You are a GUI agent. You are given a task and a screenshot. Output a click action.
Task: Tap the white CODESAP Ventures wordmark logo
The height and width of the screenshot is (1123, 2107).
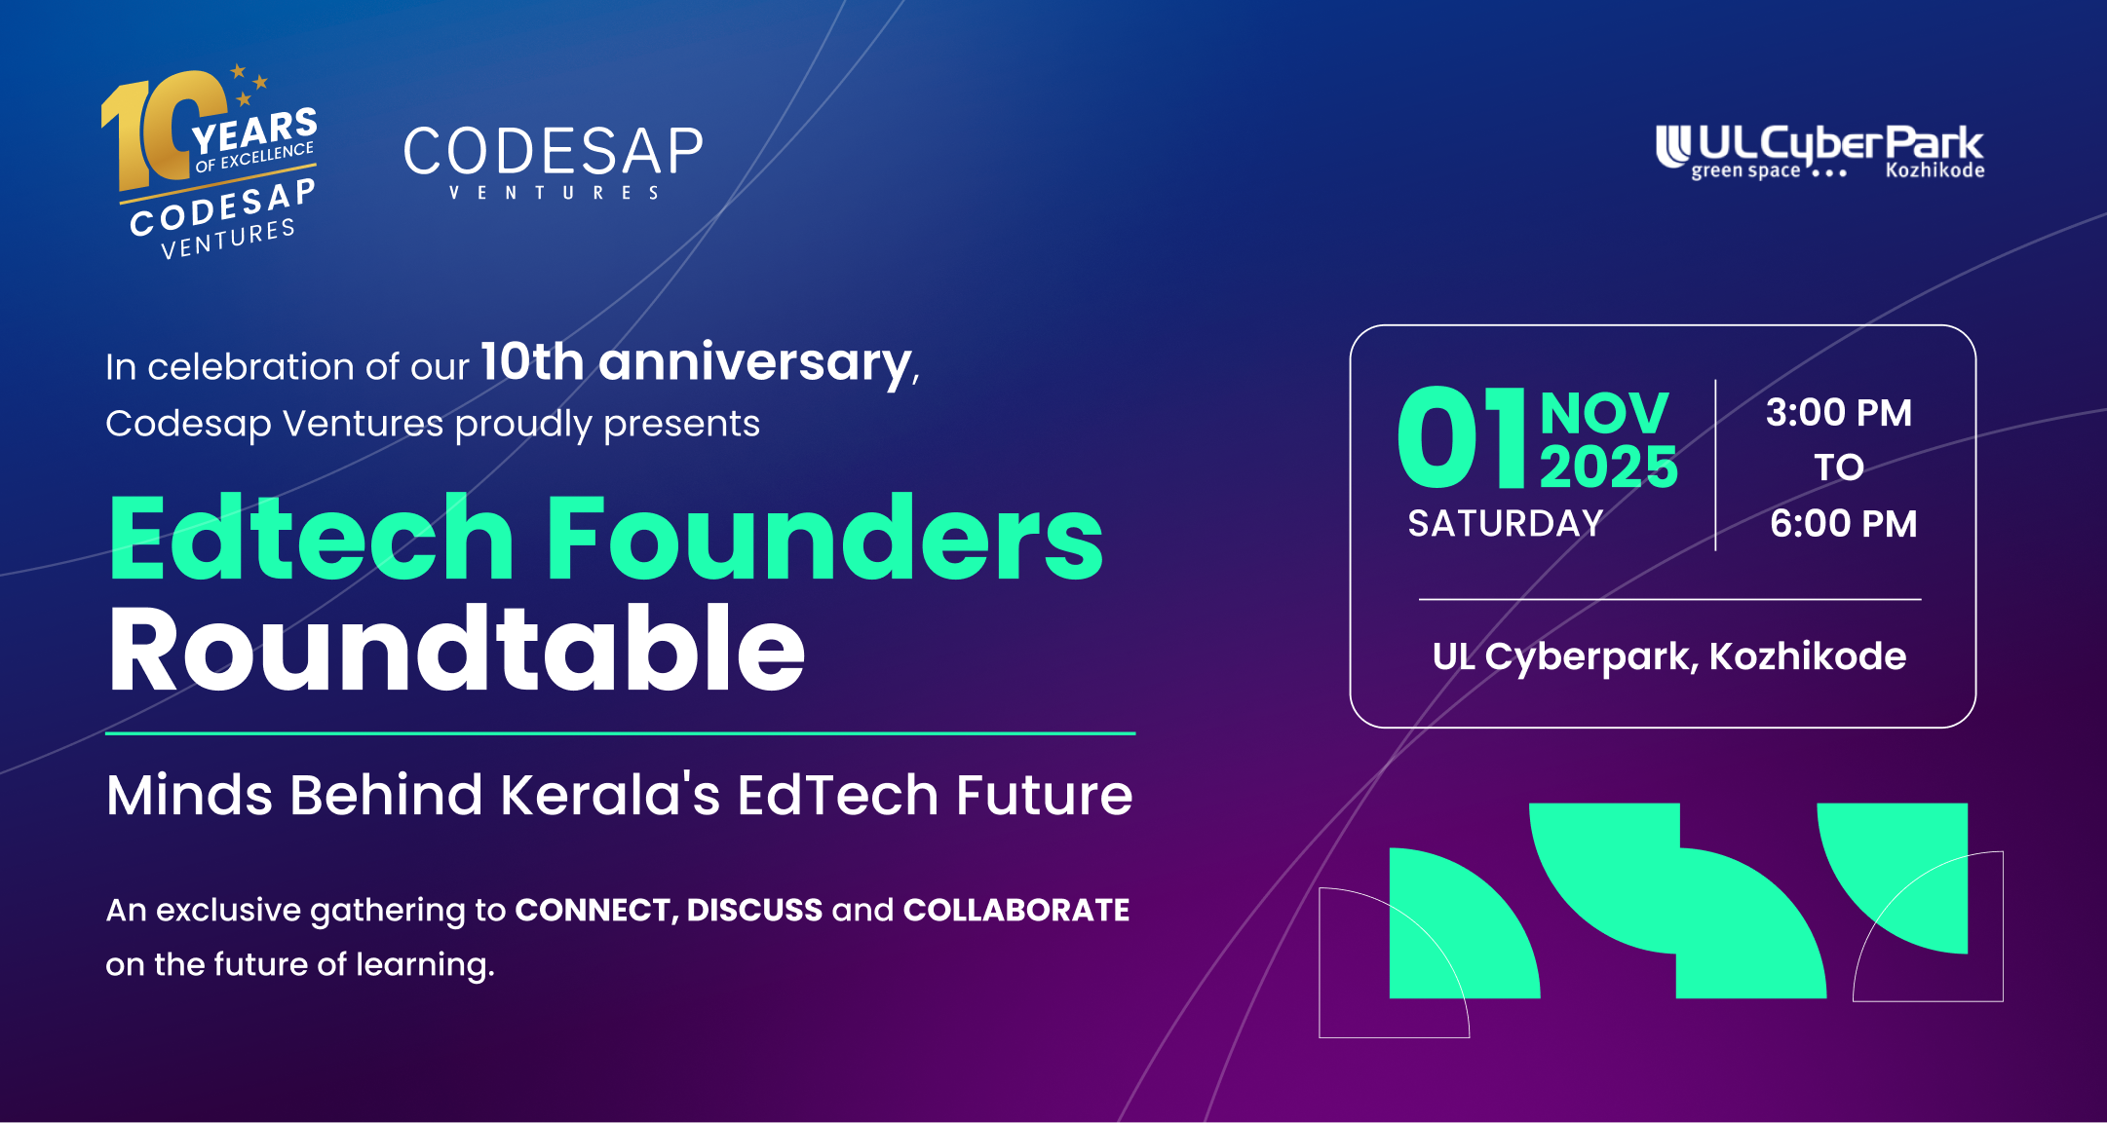point(553,163)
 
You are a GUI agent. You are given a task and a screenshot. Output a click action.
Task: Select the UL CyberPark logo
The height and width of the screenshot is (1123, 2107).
point(1820,153)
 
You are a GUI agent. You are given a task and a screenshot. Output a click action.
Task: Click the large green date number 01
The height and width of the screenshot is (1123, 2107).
point(1461,437)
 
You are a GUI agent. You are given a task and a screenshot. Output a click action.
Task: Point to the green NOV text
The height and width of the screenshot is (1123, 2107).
point(1604,413)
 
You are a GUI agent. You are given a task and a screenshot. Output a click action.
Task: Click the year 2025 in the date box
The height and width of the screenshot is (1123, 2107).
point(1609,468)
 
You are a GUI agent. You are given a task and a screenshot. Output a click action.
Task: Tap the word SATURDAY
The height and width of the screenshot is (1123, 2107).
point(1506,524)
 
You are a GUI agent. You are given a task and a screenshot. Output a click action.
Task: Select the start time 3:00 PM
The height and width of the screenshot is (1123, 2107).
point(1839,413)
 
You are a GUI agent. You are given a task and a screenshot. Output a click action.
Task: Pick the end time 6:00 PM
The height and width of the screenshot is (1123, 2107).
point(1843,524)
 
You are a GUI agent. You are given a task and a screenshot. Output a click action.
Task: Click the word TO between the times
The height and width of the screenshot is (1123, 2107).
point(1839,468)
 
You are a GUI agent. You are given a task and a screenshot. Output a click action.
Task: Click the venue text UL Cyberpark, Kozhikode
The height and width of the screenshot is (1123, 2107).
point(1669,657)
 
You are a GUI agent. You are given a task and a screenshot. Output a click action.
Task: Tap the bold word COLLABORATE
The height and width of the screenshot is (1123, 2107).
point(1016,910)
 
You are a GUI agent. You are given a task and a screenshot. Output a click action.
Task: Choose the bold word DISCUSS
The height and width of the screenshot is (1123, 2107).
point(755,910)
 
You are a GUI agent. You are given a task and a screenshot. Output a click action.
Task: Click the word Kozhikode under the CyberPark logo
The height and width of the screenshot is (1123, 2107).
point(1935,170)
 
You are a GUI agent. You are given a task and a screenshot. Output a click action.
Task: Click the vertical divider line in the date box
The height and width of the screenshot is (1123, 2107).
point(1715,466)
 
